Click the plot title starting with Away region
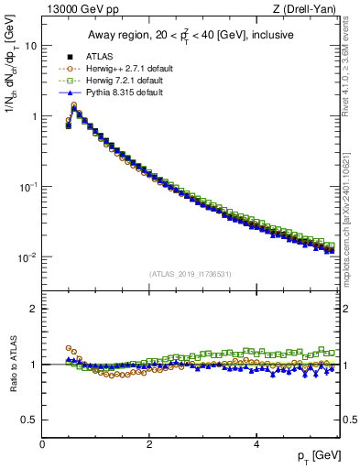click(191, 35)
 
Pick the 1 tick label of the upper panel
click(34, 116)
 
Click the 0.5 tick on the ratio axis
click(28, 420)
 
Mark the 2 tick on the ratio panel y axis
click(34, 309)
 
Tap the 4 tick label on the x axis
click(256, 444)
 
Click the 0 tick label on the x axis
click(42, 444)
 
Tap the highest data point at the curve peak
click(73, 107)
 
